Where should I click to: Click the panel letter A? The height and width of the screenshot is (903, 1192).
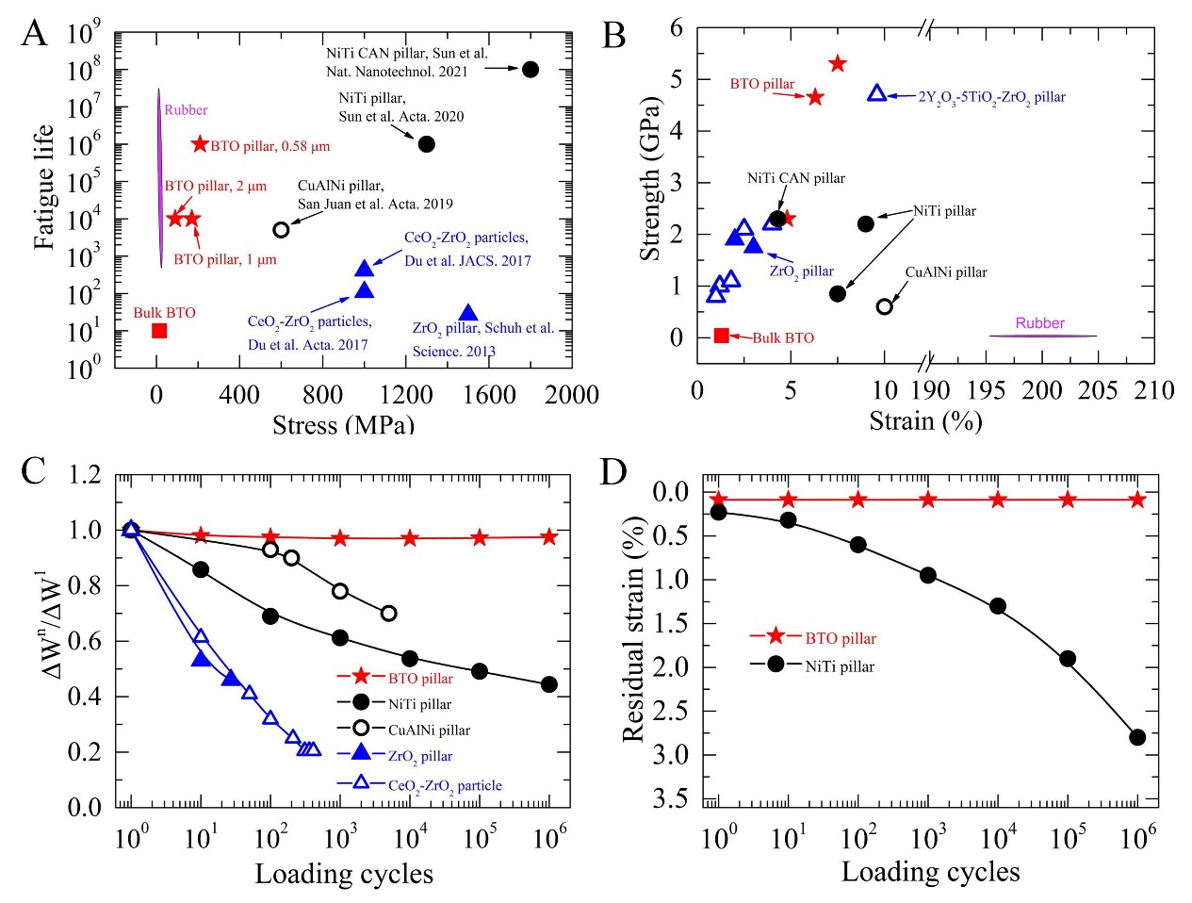point(34,34)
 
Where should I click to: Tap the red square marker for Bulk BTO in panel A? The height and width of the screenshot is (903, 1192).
point(159,331)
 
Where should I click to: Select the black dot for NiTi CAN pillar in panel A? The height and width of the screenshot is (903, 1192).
point(530,69)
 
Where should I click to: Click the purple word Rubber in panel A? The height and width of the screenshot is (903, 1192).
point(186,110)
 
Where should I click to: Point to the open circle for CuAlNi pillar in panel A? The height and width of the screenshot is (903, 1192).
point(281,230)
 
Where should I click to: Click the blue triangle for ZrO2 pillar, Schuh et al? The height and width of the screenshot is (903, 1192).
point(467,313)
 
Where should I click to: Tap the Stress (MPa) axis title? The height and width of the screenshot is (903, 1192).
point(343,424)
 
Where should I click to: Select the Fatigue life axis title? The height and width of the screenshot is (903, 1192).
point(43,189)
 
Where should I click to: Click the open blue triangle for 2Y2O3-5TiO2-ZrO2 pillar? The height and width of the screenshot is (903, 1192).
point(876,93)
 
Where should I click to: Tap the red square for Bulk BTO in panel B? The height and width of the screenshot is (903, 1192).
point(722,336)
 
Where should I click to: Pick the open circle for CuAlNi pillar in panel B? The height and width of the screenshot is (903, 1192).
point(884,306)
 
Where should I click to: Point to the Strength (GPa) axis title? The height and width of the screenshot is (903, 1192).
point(649,178)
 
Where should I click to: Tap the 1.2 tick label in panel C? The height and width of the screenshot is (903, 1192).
point(85,474)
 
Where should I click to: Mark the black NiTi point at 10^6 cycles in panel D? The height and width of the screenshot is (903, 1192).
point(1137,737)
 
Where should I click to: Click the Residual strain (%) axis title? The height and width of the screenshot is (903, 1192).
point(635,629)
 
